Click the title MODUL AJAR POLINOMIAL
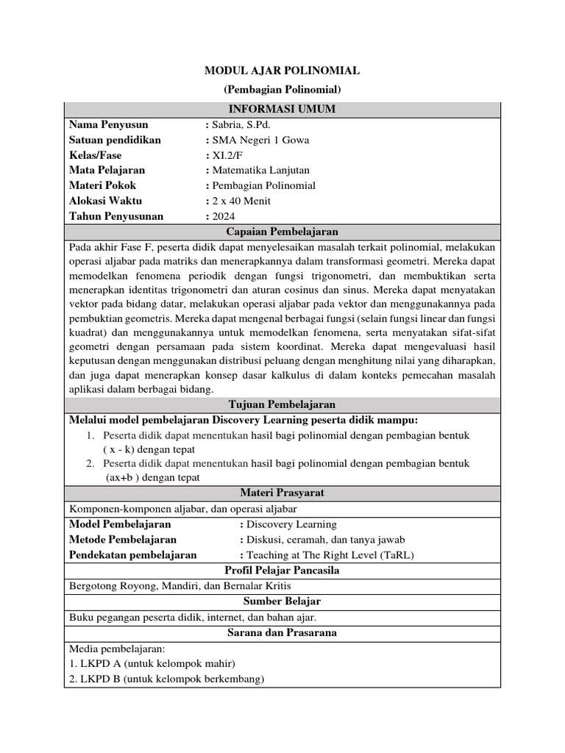(282, 71)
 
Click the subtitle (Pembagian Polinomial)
(282, 90)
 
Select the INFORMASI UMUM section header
(282, 110)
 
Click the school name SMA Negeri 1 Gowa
(260, 140)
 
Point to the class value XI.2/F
(229, 155)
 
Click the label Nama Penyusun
(108, 124)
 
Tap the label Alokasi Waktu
(105, 201)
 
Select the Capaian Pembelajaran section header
(282, 231)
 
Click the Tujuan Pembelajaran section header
(282, 404)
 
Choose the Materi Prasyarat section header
(282, 492)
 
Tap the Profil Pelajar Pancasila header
(282, 571)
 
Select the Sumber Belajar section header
(282, 602)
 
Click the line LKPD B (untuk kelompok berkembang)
(166, 679)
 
